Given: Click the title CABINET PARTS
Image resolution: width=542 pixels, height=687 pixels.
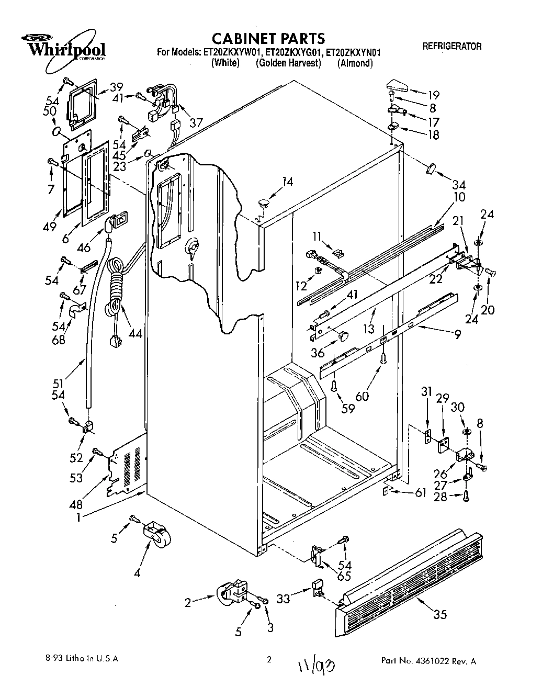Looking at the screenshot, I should coord(268,38).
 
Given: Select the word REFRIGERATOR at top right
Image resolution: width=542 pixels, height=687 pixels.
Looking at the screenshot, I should coord(451,47).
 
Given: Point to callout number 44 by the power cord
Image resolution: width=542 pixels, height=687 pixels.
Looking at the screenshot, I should coord(136,333).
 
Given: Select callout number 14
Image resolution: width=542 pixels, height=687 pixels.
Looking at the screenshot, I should coord(287,182).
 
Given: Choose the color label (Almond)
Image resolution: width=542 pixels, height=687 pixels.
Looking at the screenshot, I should coord(355,63).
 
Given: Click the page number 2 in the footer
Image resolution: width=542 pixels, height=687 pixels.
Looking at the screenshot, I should coord(269,660).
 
